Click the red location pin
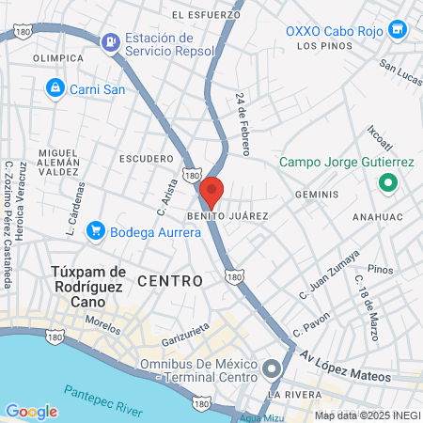pyautogui.click(x=211, y=193)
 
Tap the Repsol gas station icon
pyautogui.click(x=111, y=40)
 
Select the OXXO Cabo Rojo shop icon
pyautogui.click(x=398, y=30)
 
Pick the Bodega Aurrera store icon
pyautogui.click(x=95, y=230)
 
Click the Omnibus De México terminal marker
pyautogui.click(x=273, y=368)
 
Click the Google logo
pyautogui.click(x=31, y=411)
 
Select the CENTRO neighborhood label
pyautogui.click(x=170, y=281)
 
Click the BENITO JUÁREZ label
pyautogui.click(x=227, y=216)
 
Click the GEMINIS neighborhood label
pyautogui.click(x=316, y=195)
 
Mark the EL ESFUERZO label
pyautogui.click(x=205, y=15)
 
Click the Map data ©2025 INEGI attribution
pyautogui.click(x=367, y=415)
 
